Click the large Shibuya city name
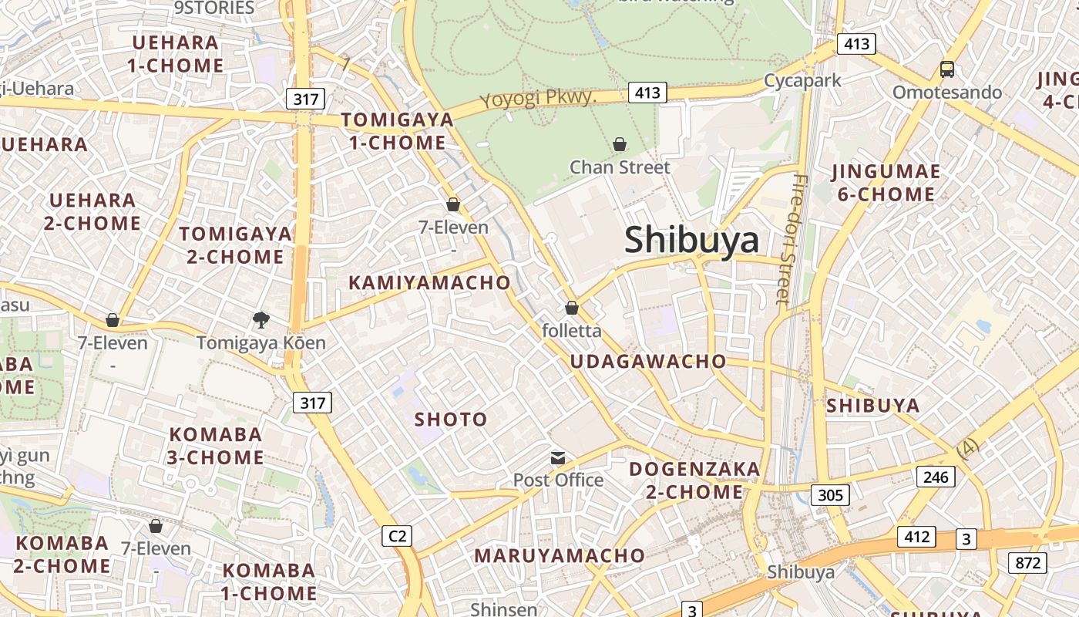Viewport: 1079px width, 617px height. pos(691,240)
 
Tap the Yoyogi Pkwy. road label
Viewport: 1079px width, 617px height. pos(539,98)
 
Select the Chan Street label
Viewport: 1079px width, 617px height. pos(620,167)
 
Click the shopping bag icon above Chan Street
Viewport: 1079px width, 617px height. pos(620,144)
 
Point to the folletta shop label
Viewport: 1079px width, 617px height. pos(572,331)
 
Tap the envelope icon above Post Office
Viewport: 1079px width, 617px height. pos(558,458)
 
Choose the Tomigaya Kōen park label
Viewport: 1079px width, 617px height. pos(261,342)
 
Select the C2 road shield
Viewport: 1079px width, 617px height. pos(397,536)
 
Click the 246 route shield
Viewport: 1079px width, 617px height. pos(936,477)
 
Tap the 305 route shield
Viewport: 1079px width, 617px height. pos(830,494)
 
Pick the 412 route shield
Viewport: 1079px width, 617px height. pos(916,537)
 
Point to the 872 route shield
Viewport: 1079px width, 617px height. pos(1028,563)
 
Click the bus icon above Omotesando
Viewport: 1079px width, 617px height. pos(947,69)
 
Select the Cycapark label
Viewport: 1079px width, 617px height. pos(802,80)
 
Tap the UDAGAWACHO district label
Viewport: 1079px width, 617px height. pos(648,361)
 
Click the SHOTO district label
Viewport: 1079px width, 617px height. pos(451,420)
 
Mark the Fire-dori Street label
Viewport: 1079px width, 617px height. pos(792,239)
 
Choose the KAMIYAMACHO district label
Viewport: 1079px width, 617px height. pos(429,282)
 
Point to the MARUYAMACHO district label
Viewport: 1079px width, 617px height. pos(559,555)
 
